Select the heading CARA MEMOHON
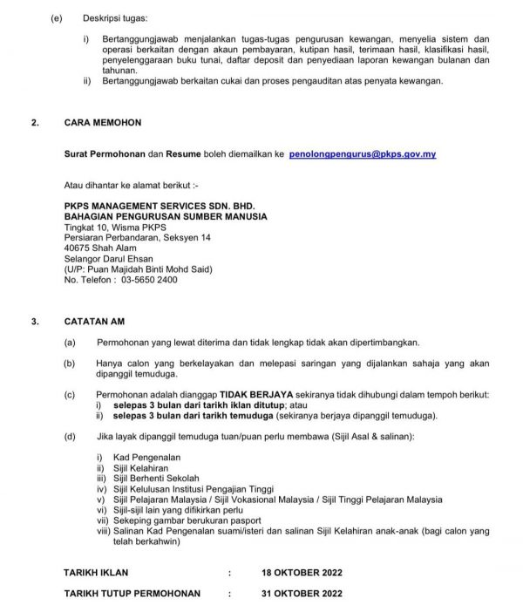point(102,123)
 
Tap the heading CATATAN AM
point(94,321)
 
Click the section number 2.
point(34,123)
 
